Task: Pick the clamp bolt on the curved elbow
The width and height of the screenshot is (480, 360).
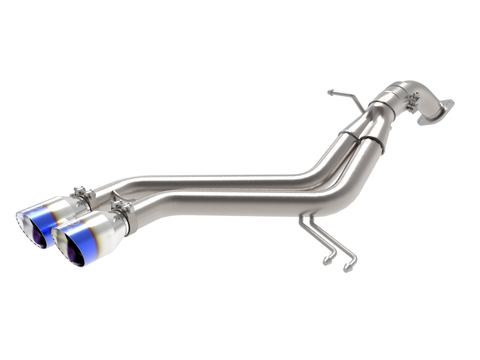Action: (410, 107)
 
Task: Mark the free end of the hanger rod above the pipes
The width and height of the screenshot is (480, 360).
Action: (330, 92)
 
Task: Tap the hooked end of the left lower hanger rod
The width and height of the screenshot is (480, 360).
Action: (327, 261)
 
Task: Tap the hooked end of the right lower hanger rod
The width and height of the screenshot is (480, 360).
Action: (347, 268)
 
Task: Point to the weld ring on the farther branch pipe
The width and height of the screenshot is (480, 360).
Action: (347, 131)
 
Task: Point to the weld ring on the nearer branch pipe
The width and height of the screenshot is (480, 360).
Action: (373, 141)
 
